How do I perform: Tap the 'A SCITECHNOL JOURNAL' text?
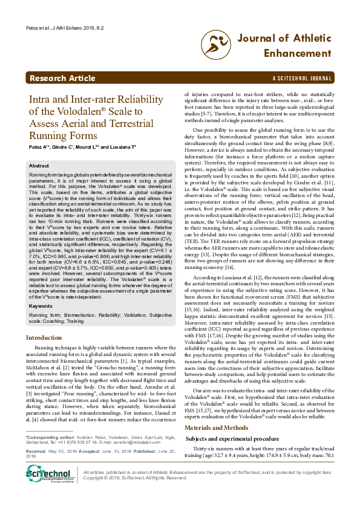point(303,79)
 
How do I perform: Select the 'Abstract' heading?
point(39,165)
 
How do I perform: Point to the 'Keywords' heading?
point(41,306)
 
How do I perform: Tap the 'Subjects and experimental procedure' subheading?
point(232,421)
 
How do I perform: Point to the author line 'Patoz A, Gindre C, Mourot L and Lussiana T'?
point(85,147)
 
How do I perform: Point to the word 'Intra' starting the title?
point(42,100)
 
